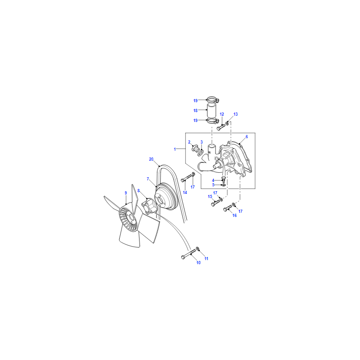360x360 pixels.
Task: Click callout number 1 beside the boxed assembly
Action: click(175, 149)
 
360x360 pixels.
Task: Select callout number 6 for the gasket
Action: click(247, 137)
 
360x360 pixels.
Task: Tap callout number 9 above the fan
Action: click(126, 193)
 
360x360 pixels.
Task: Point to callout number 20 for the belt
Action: click(151, 159)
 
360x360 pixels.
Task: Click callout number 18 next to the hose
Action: click(195, 110)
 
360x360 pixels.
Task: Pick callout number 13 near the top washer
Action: click(235, 114)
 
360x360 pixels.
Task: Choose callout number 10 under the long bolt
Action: click(198, 263)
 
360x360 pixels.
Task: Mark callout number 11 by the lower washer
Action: click(207, 258)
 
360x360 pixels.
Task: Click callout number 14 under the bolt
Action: click(185, 193)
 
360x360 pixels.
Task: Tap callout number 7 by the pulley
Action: click(148, 179)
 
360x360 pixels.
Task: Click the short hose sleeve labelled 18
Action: click(211, 110)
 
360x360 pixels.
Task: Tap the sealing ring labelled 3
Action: click(200, 153)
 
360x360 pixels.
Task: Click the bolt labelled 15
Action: click(216, 203)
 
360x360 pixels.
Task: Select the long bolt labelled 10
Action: click(189, 254)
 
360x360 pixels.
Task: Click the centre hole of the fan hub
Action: click(131, 218)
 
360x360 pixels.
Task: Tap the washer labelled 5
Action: click(223, 185)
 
